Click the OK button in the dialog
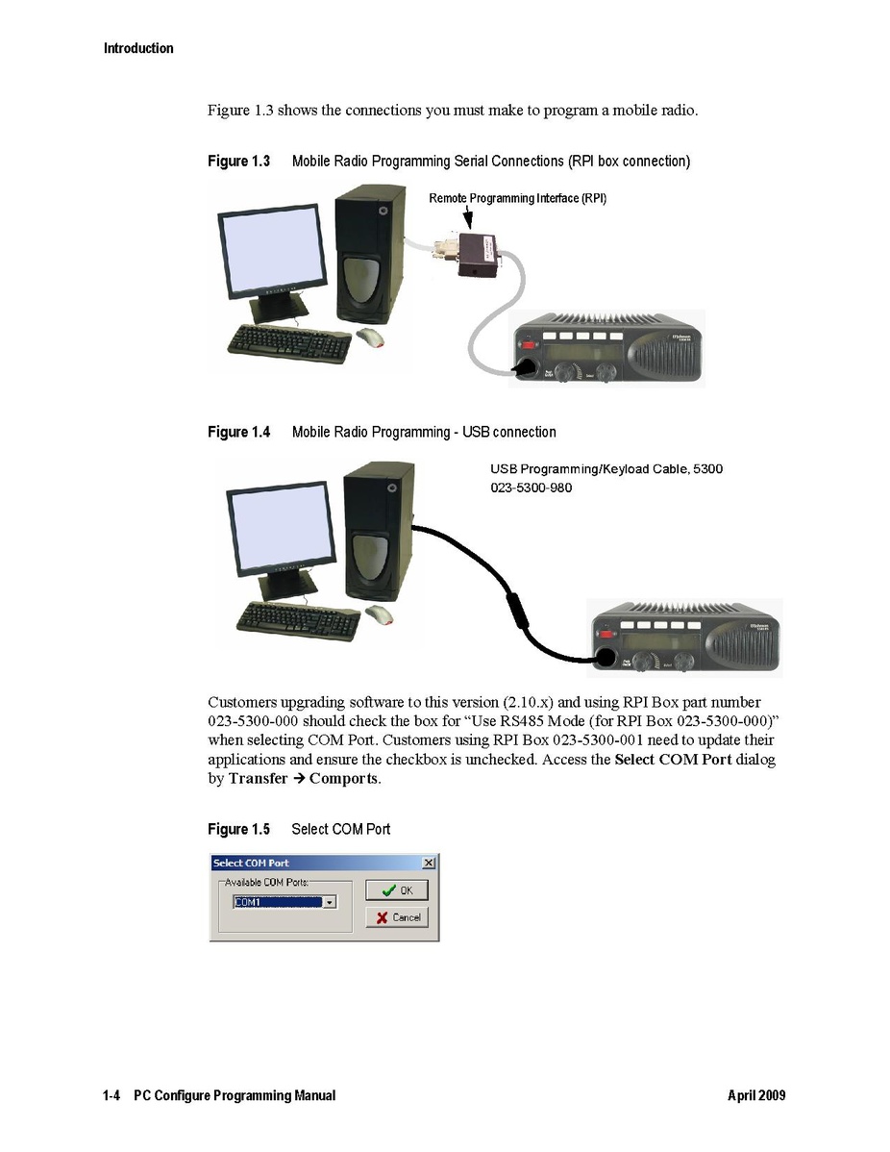point(397,890)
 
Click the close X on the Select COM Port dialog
point(429,863)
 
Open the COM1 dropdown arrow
point(330,902)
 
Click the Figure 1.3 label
point(238,161)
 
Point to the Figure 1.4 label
point(238,432)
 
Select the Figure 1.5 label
point(238,829)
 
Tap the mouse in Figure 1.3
point(370,338)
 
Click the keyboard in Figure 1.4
point(298,620)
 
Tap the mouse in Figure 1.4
point(380,614)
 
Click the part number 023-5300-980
point(531,488)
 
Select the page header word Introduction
point(138,48)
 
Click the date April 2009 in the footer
point(756,1095)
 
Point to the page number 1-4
point(111,1095)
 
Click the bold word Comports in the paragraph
point(343,779)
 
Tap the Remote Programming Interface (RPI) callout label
point(518,198)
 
